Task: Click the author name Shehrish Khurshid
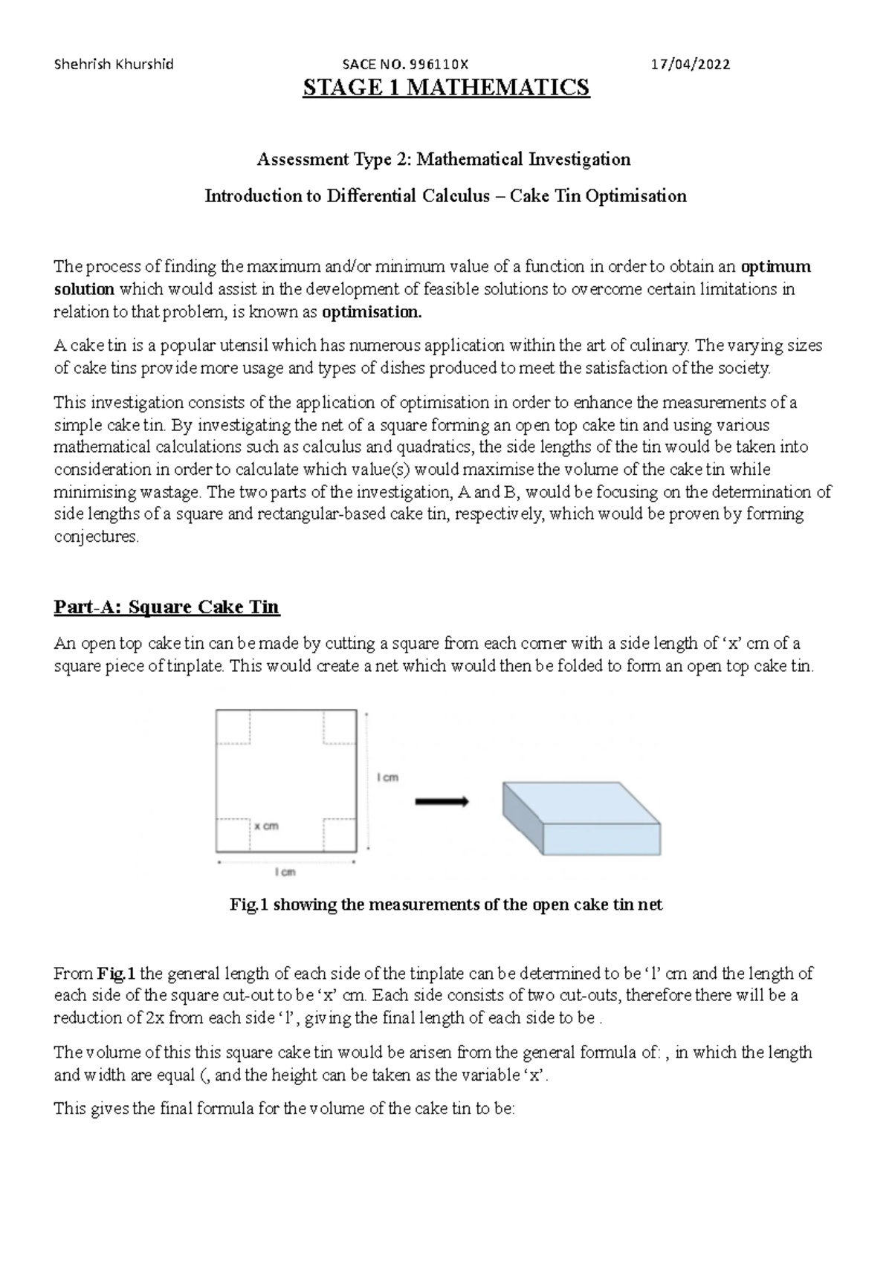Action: pyautogui.click(x=114, y=64)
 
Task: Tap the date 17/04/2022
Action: pyautogui.click(x=691, y=64)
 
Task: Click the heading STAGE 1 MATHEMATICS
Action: pyautogui.click(x=446, y=88)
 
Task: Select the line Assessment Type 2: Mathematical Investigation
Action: pyautogui.click(x=444, y=159)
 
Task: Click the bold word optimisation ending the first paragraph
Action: pyautogui.click(x=372, y=312)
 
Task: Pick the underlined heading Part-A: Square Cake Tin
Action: pyautogui.click(x=167, y=607)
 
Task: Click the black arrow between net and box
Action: pyautogui.click(x=442, y=801)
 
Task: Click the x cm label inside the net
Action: pyautogui.click(x=266, y=826)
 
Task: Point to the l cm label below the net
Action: pyautogui.click(x=285, y=872)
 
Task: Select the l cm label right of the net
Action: pyautogui.click(x=387, y=777)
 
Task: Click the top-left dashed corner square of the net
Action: pyautogui.click(x=232, y=726)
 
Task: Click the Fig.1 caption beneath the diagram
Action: pyautogui.click(x=446, y=905)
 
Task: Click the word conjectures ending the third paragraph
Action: pyautogui.click(x=96, y=537)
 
